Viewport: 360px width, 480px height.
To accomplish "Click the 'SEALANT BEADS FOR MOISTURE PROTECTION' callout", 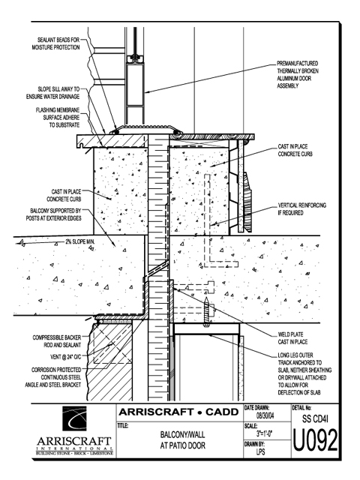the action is [55, 43].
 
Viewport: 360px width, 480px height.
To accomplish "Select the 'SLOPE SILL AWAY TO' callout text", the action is [58, 89].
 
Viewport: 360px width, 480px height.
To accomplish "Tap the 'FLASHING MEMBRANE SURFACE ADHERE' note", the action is [58, 114].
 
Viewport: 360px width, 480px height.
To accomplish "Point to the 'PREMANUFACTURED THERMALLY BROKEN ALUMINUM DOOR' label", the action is [298, 71].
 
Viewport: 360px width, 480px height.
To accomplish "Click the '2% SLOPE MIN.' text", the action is [80, 241].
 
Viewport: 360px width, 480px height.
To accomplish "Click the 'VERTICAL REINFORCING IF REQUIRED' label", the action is [301, 208].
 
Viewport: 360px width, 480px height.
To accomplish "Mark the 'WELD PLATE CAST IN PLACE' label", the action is [292, 338].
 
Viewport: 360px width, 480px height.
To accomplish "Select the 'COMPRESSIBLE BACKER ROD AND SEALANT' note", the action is [57, 341].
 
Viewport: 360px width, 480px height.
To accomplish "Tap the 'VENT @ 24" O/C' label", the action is [65, 357].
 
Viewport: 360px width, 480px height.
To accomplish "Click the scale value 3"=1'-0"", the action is [265, 433].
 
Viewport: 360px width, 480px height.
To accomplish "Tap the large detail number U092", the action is [315, 441].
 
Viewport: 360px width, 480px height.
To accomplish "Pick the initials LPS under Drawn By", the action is [260, 451].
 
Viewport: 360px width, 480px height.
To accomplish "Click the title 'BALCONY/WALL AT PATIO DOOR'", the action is [182, 440].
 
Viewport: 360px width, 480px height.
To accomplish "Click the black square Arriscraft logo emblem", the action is [74, 418].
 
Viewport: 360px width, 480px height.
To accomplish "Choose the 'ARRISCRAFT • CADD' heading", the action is [178, 412].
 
